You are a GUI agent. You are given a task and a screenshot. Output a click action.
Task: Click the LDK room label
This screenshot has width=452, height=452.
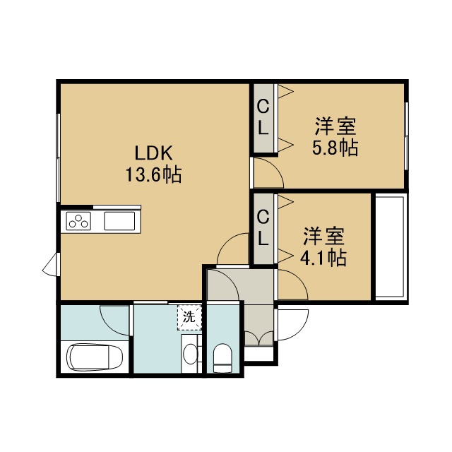point(154,153)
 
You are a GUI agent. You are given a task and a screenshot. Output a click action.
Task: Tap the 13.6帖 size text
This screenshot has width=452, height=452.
point(154,174)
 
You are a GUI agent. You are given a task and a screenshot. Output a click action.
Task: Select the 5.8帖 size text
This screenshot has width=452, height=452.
point(335,148)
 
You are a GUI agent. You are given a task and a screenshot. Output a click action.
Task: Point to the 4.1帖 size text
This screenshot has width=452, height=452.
point(323,257)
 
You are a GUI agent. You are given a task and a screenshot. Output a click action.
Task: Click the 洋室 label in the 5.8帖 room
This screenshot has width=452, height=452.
point(335,126)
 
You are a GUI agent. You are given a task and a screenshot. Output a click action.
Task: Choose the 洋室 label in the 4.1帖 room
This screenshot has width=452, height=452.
point(323,236)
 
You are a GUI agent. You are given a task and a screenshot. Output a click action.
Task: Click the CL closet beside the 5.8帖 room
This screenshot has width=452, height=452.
point(263,118)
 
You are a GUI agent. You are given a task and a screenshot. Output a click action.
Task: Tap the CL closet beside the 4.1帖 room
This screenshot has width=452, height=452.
point(263,228)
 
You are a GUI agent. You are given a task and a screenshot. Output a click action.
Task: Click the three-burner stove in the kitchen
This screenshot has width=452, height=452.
point(78,221)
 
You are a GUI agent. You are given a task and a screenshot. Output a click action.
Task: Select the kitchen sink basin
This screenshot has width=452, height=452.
point(119,221)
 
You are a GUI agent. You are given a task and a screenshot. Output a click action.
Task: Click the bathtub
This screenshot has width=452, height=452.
point(95,357)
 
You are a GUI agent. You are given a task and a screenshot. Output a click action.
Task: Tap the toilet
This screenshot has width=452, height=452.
point(222,358)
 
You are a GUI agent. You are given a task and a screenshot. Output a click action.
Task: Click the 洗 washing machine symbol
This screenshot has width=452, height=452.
point(189,317)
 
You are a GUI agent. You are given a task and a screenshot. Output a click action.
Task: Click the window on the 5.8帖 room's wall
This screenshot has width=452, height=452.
point(407,136)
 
